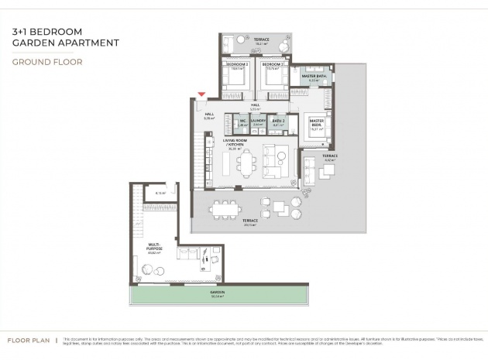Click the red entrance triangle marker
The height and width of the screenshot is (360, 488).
(x=202, y=94)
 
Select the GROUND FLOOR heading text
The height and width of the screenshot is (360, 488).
(x=47, y=61)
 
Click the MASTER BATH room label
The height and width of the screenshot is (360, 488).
(x=314, y=77)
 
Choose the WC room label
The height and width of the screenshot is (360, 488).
(x=242, y=120)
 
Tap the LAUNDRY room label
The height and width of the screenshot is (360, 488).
(x=258, y=120)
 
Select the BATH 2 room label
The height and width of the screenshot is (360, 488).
(x=278, y=120)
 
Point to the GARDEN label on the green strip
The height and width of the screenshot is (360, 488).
(x=217, y=293)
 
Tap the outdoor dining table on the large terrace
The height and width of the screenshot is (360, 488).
(x=227, y=208)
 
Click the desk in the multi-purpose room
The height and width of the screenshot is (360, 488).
(x=208, y=264)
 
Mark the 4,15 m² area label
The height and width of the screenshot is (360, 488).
(x=160, y=193)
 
